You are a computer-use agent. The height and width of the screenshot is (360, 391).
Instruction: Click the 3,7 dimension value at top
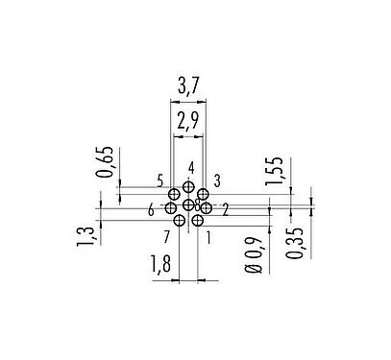(188, 89)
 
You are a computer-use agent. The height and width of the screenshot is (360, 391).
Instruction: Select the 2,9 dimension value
(188, 122)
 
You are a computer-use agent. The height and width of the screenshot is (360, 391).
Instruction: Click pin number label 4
(191, 168)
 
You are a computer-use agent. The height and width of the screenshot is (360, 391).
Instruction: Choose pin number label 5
(159, 180)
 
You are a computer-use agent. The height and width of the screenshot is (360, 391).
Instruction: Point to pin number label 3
(218, 180)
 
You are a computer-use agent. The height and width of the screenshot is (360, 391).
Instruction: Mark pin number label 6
(152, 209)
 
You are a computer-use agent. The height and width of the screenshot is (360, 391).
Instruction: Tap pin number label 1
(208, 236)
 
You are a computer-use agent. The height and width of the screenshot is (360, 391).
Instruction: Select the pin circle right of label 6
(171, 207)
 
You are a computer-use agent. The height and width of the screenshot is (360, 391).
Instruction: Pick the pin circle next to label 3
(203, 194)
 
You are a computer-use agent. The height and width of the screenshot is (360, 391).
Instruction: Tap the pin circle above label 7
(179, 220)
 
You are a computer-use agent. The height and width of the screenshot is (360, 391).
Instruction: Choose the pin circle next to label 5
(174, 194)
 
